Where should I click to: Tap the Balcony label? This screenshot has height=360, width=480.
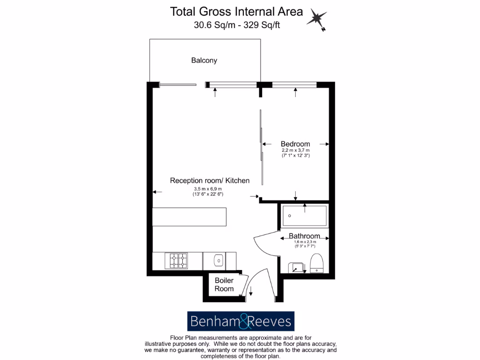pyautogui.click(x=204, y=60)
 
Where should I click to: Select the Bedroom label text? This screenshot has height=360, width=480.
pyautogui.click(x=295, y=144)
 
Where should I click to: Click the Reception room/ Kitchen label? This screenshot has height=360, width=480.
pyautogui.click(x=210, y=180)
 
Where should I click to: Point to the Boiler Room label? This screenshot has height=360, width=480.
pyautogui.click(x=224, y=285)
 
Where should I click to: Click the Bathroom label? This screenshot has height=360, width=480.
pyautogui.click(x=304, y=236)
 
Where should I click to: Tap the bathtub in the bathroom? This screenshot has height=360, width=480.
pyautogui.click(x=304, y=216)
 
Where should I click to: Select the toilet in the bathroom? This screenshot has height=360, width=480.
pyautogui.click(x=317, y=263)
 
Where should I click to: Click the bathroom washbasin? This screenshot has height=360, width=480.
pyautogui.click(x=296, y=267)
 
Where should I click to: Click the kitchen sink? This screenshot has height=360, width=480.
pyautogui.click(x=218, y=260)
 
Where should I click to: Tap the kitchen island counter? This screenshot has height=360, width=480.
pyautogui.click(x=190, y=217)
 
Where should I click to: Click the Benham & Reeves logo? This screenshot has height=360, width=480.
pyautogui.click(x=240, y=322)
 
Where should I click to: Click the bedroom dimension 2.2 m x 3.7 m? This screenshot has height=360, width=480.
pyautogui.click(x=295, y=150)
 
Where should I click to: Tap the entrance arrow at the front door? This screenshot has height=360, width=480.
pyautogui.click(x=251, y=292)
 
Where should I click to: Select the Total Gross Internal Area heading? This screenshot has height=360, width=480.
pyautogui.click(x=236, y=11)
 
